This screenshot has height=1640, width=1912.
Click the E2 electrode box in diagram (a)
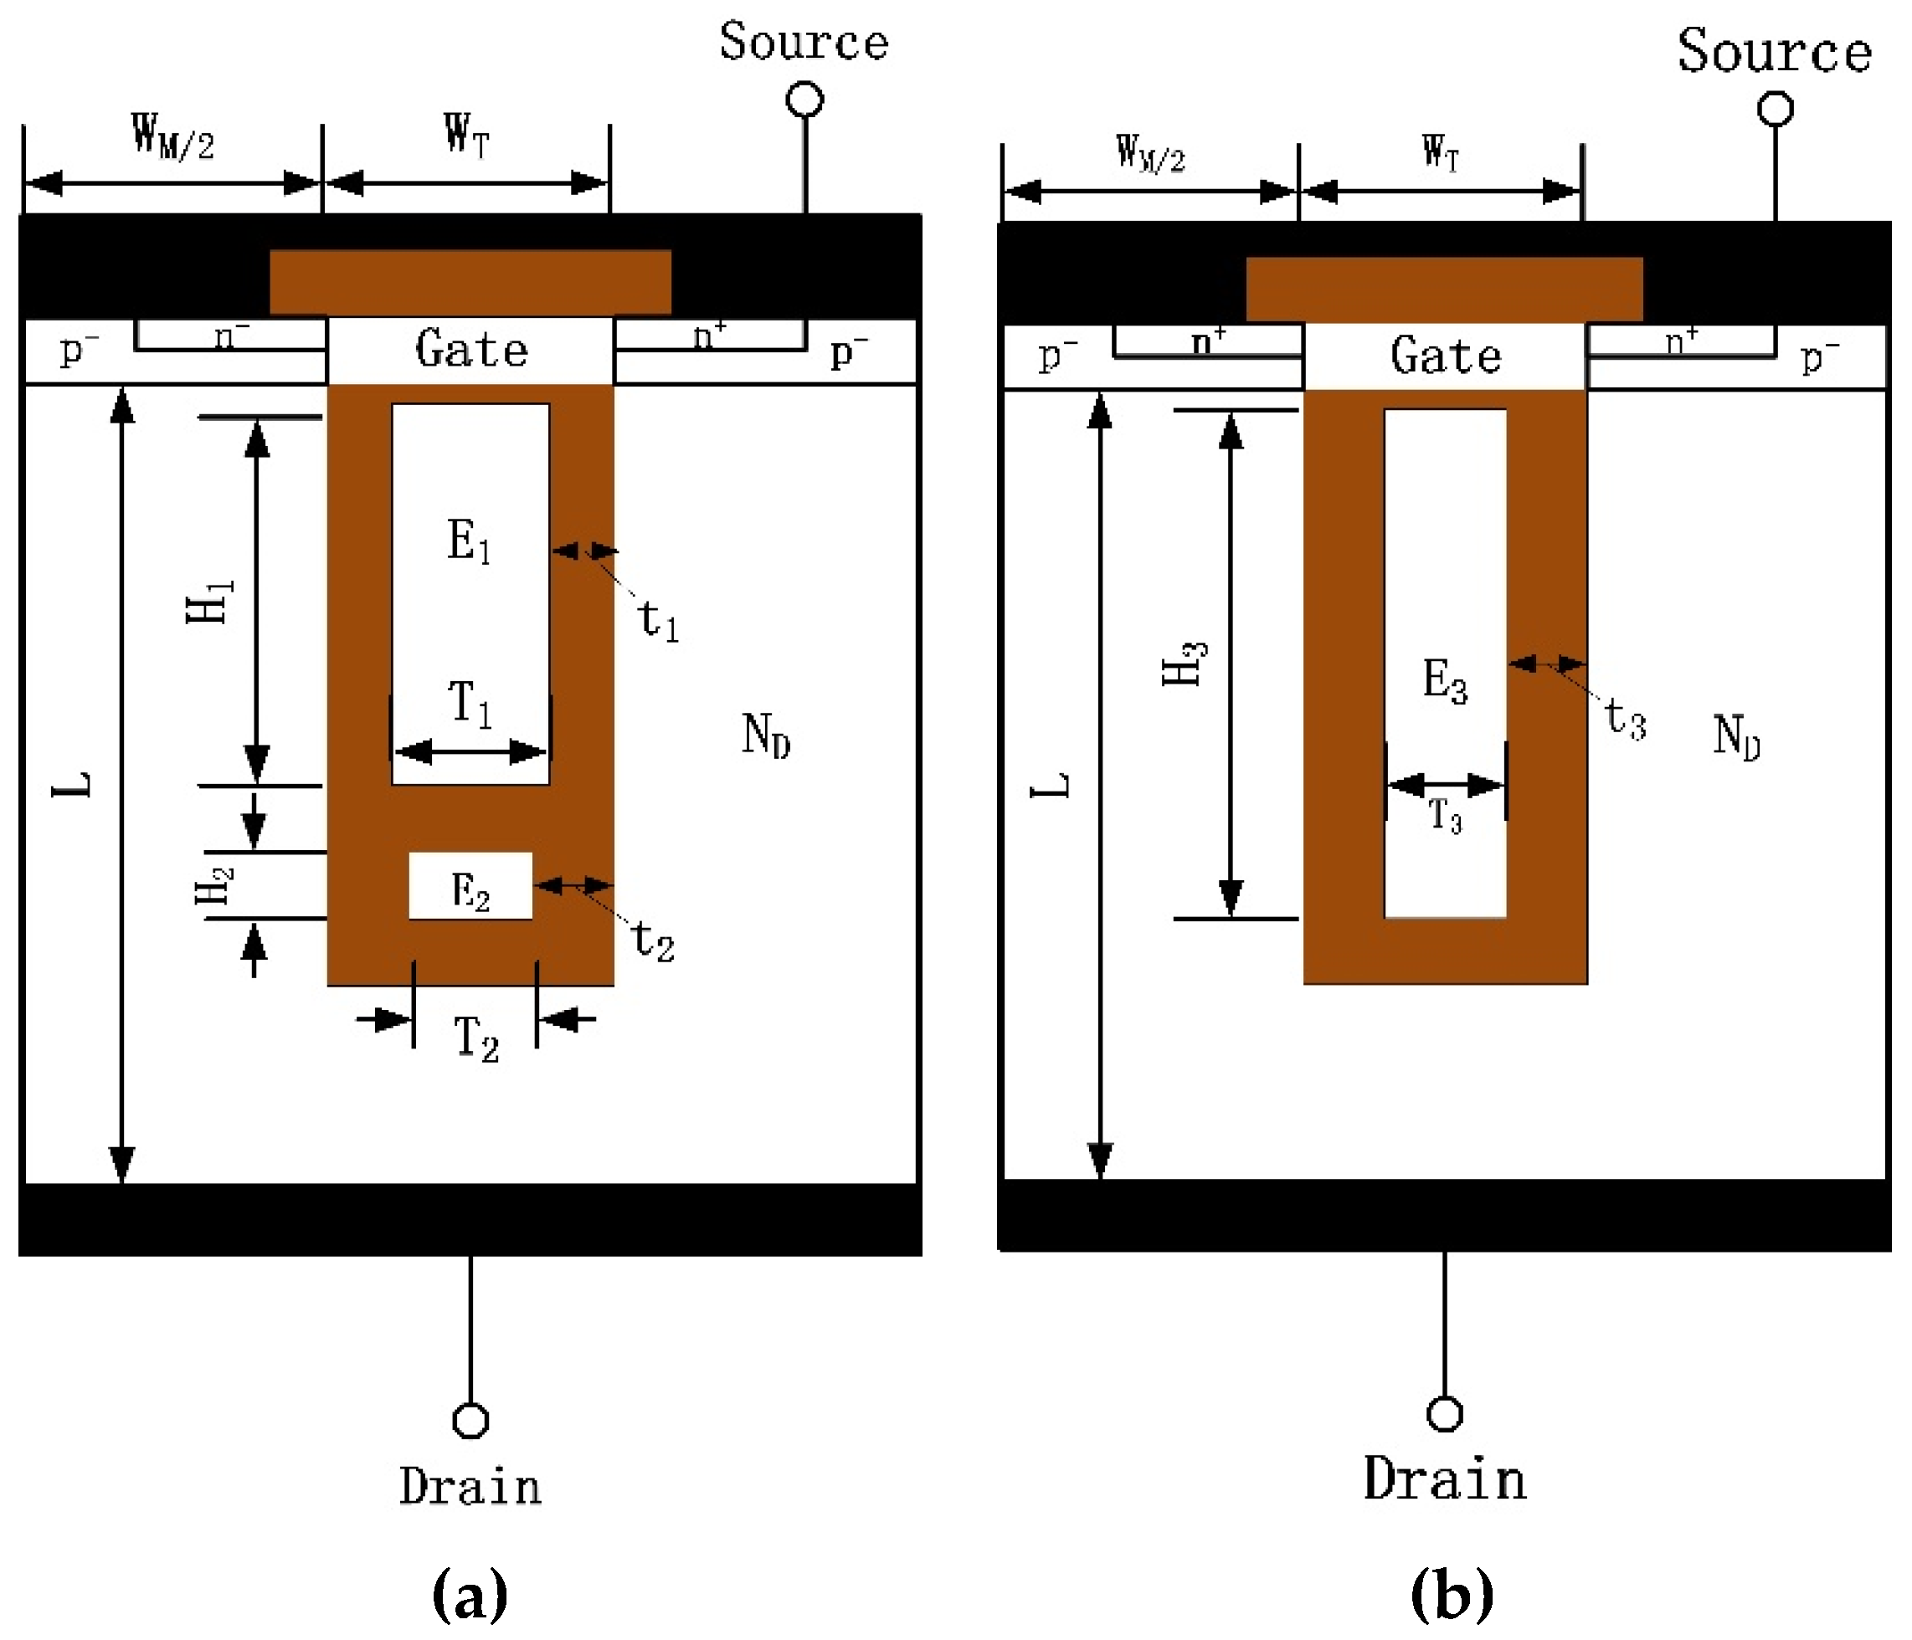pos(470,886)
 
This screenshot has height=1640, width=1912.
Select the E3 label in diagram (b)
pos(1444,681)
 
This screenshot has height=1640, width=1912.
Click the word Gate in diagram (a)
pos(471,350)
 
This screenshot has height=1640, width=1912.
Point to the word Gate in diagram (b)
pos(1446,356)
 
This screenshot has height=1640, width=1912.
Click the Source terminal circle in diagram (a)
pos(804,100)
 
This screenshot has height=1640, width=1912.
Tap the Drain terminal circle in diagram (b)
pos(1444,1414)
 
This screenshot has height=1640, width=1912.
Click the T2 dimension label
pos(475,1038)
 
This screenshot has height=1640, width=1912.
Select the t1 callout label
pos(658,620)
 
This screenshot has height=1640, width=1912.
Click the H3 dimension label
pos(1184,662)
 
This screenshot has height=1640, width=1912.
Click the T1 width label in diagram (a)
pos(470,703)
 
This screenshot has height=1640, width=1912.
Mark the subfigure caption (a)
pos(470,1594)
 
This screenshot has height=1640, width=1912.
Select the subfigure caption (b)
pos(1452,1594)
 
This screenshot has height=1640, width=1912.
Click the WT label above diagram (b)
pos(1441,152)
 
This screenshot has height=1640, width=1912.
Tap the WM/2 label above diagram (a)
pos(172,136)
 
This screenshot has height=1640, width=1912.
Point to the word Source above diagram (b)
pos(1774,51)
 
